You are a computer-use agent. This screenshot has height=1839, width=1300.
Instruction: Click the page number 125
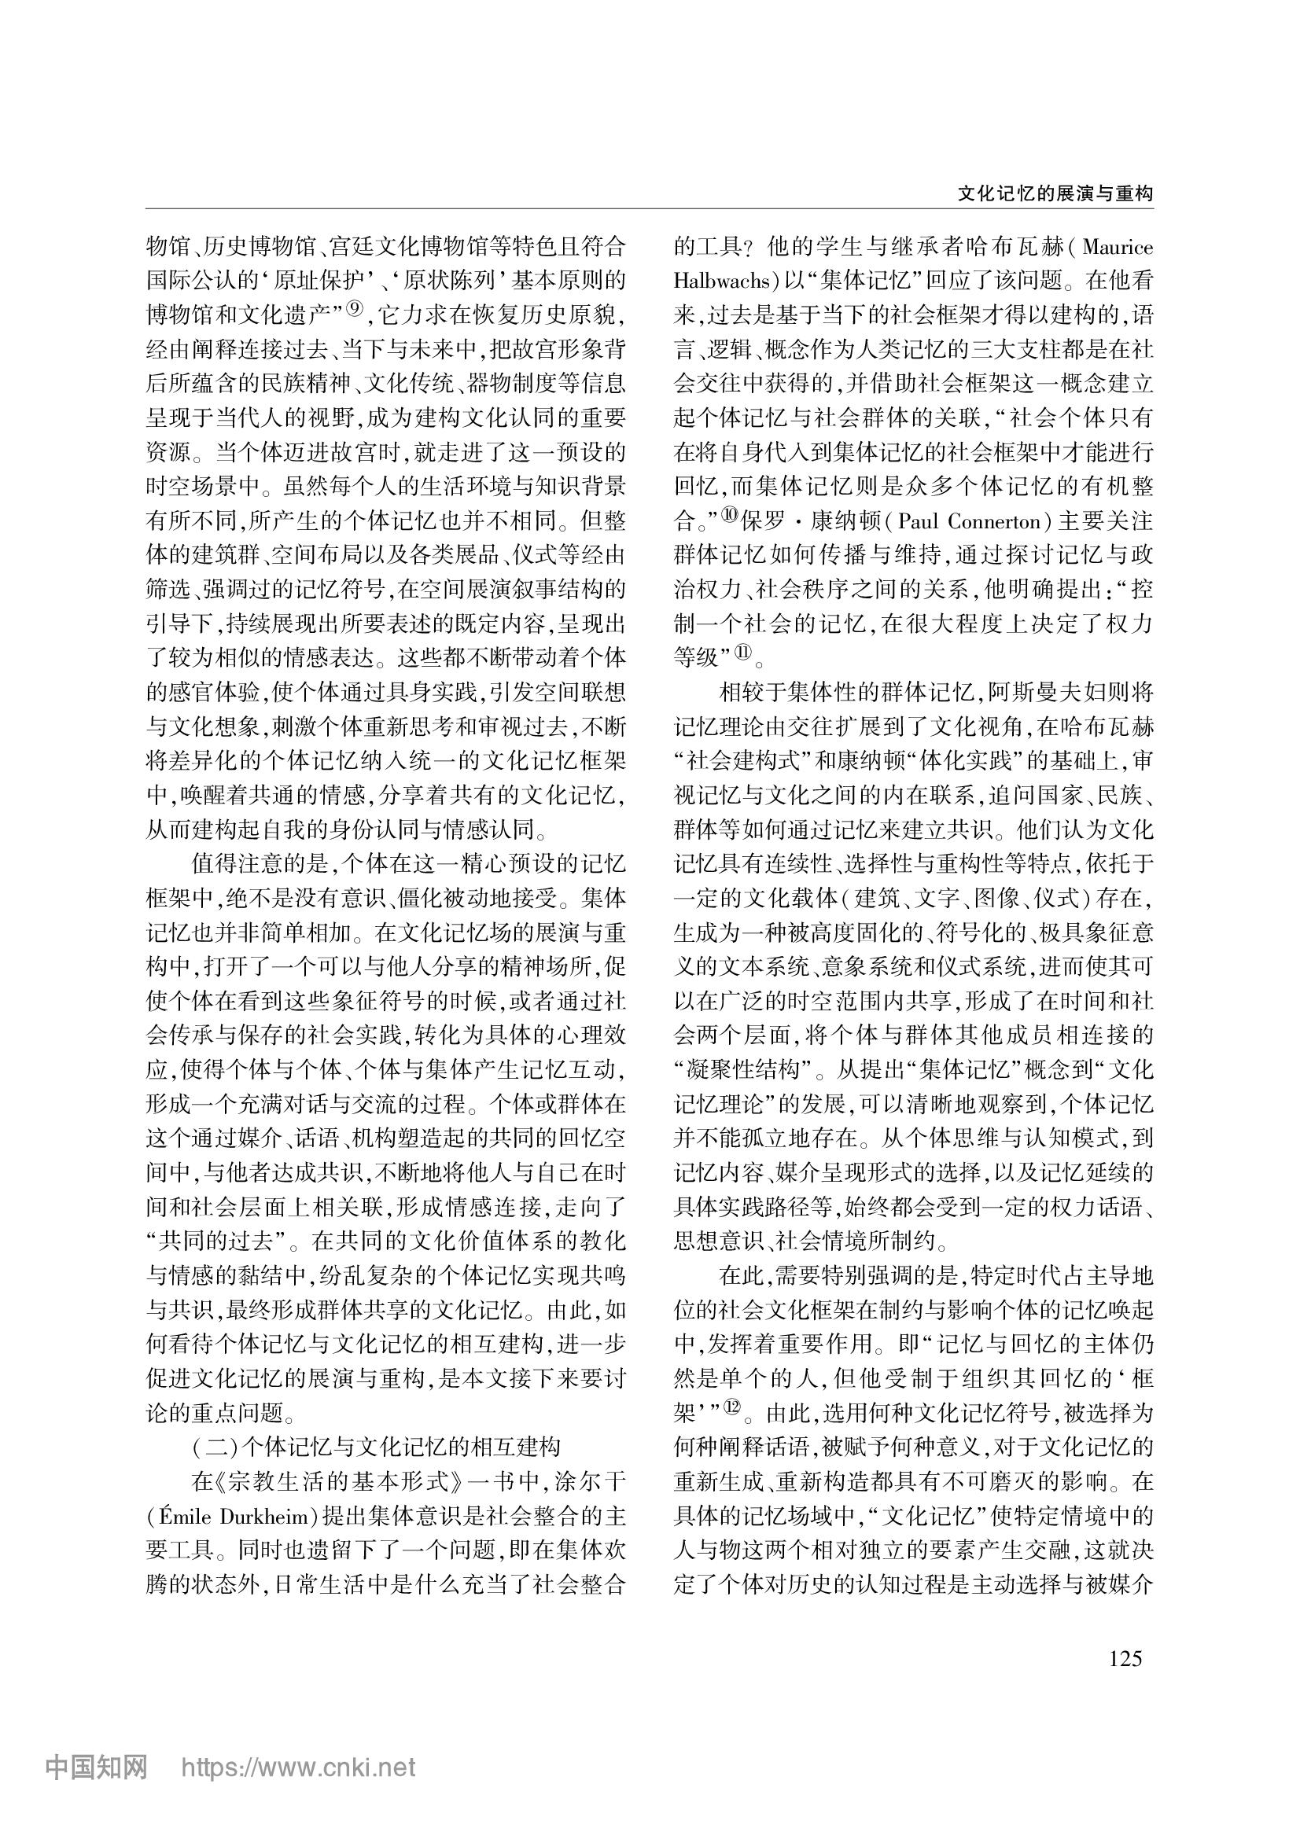pos(1125,1659)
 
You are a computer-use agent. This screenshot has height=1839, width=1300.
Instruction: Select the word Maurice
pos(1118,247)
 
